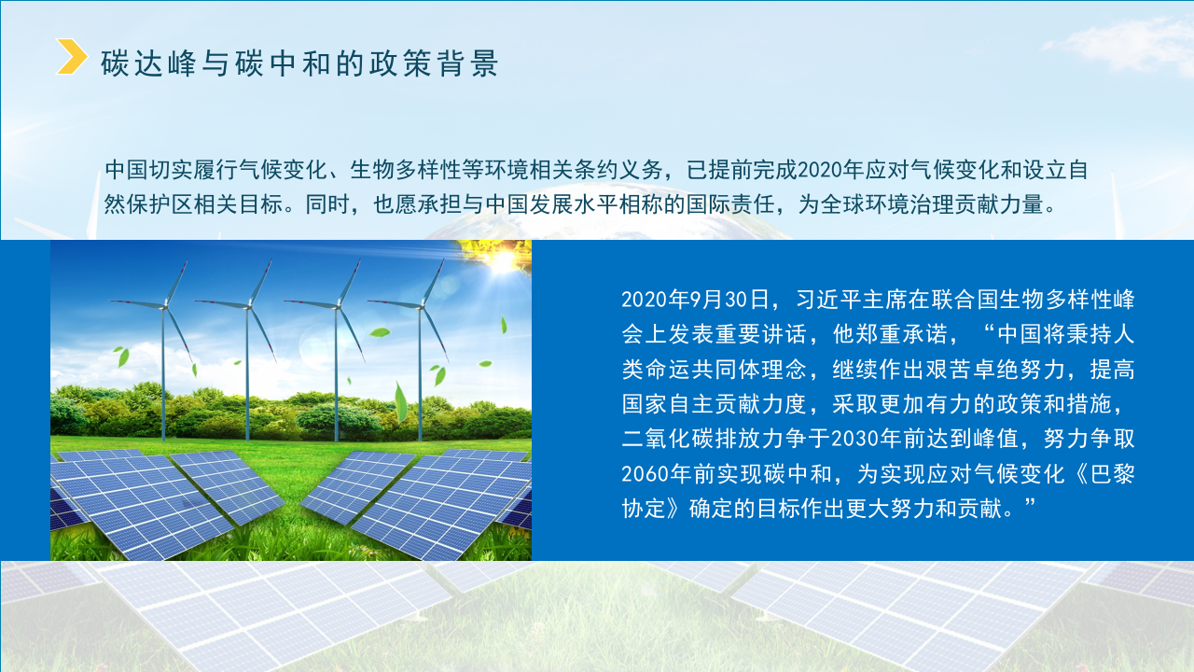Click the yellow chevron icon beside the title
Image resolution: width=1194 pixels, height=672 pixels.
point(72,56)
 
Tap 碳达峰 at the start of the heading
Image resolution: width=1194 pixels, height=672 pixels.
point(143,63)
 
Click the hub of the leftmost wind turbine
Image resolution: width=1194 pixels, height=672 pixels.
point(164,303)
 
